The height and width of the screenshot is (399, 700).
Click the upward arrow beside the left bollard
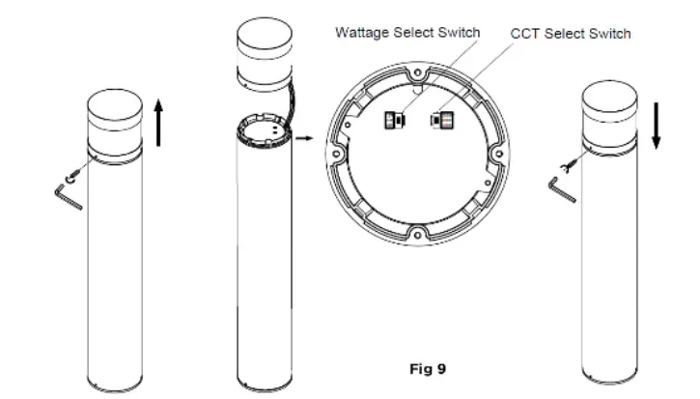point(159,123)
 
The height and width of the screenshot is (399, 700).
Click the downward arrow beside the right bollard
point(657,125)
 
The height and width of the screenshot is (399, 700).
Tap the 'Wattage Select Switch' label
point(407,32)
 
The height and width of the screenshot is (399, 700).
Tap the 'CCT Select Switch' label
point(570,34)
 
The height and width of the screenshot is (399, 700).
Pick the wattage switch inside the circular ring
point(393,121)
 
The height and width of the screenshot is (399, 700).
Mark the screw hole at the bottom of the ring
point(416,231)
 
